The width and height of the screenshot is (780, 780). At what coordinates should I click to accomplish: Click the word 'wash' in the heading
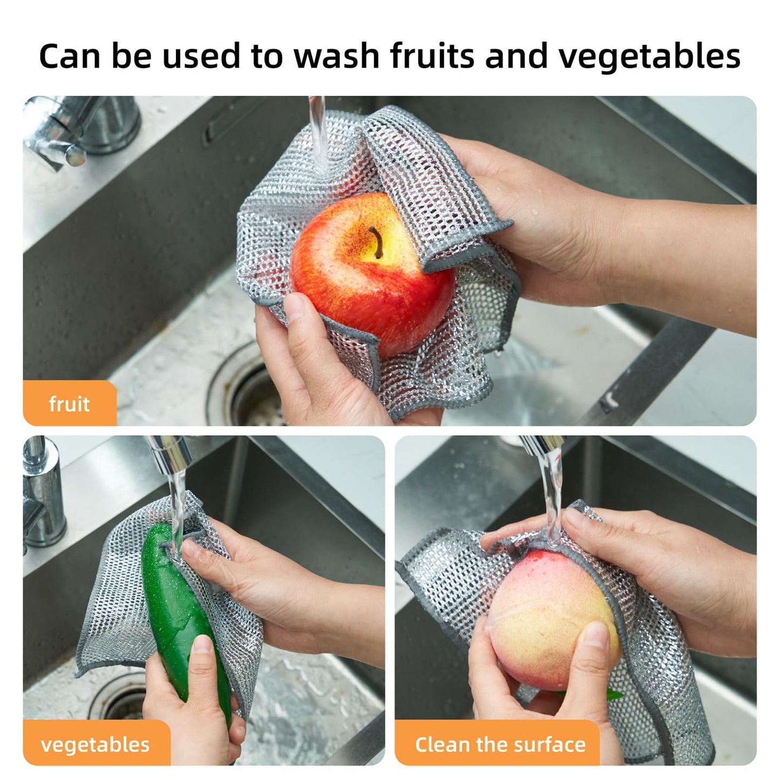pyautogui.click(x=338, y=56)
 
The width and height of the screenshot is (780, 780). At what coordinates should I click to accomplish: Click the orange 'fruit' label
pyautogui.click(x=69, y=404)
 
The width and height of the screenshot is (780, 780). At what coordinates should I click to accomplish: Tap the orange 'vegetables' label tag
pyautogui.click(x=96, y=744)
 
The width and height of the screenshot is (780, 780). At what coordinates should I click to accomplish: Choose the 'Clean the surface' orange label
pyautogui.click(x=500, y=744)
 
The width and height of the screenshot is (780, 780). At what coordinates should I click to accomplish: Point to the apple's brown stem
pyautogui.click(x=376, y=240)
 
